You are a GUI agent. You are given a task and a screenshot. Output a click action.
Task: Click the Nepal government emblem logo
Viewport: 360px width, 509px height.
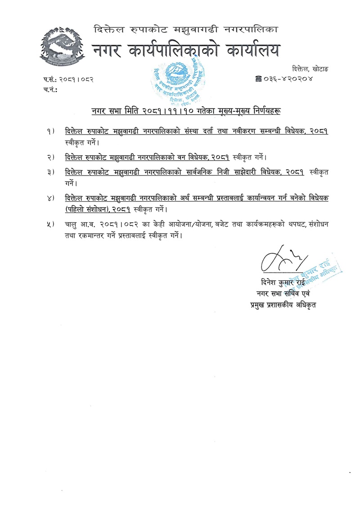pos(61,47)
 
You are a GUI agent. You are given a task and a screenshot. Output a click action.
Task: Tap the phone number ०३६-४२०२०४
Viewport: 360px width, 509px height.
pos(293,79)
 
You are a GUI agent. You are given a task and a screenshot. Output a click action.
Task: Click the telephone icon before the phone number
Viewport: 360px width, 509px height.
pos(258,79)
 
